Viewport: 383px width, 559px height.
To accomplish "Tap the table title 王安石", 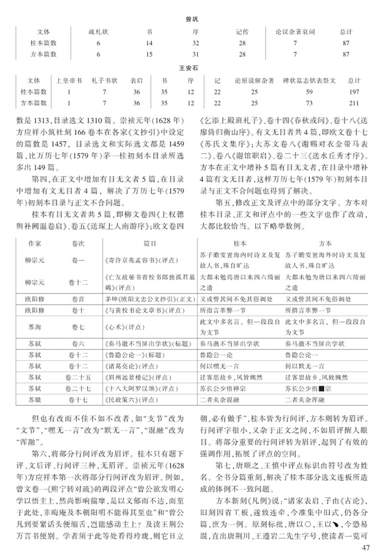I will (192, 68).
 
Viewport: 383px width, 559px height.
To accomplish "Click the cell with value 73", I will (308, 103).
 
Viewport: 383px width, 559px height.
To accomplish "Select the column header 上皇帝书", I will (68, 80).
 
